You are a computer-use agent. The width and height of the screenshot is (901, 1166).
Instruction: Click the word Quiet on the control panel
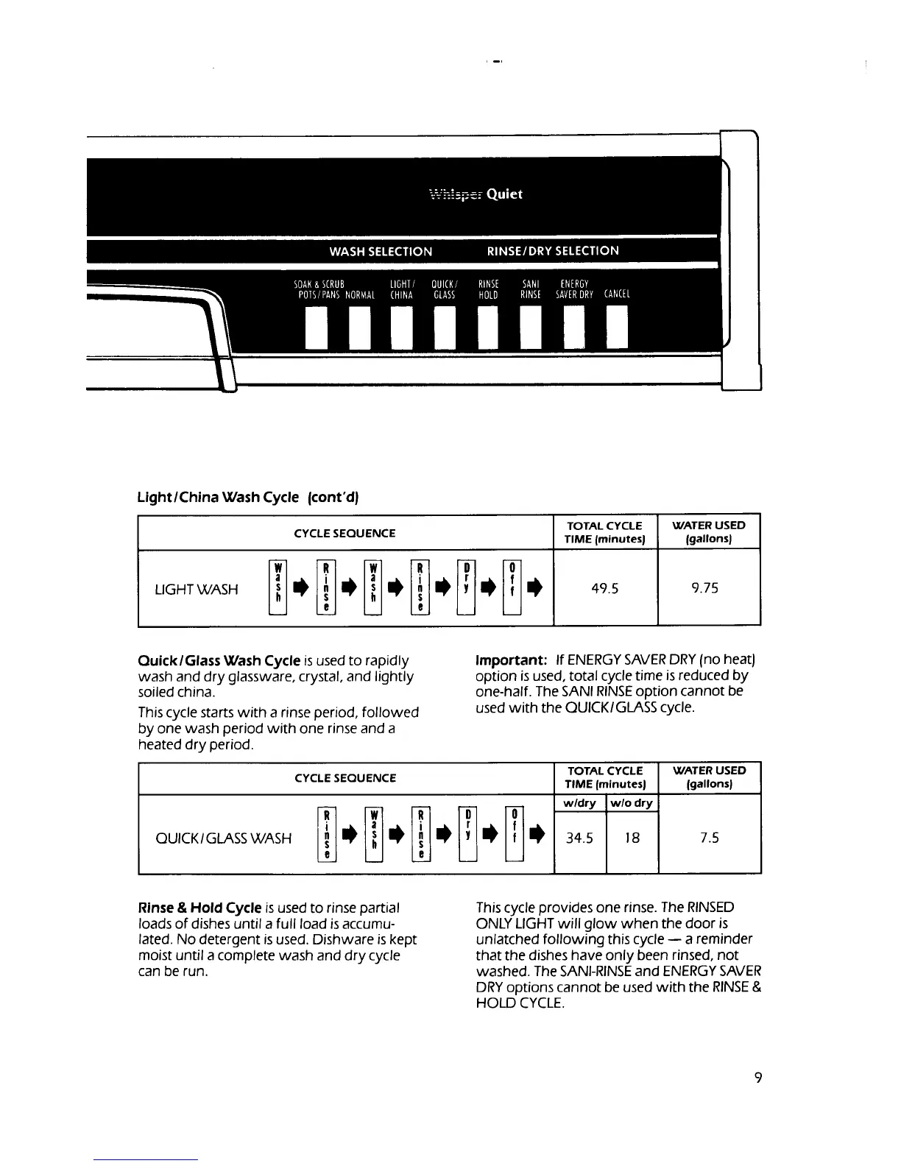pos(504,194)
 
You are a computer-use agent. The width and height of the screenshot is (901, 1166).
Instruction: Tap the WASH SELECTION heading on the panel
pos(381,251)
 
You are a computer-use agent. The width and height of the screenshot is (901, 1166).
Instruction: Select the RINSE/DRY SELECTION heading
pos(553,251)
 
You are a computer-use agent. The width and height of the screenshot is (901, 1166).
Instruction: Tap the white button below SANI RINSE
pos(531,328)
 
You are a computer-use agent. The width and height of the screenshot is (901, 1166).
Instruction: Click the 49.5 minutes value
pos(605,588)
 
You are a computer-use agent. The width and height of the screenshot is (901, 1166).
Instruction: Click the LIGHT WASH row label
pos(197,589)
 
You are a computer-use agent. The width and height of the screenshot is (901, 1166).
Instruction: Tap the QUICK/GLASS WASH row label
pos(224,838)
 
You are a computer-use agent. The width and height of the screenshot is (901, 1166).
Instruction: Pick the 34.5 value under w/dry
pos(579,838)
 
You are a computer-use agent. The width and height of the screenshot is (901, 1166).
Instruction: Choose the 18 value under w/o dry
pos(632,838)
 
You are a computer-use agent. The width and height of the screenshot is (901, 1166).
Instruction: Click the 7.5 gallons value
pos(710,838)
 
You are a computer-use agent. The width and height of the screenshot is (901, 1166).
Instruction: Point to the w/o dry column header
pos(632,803)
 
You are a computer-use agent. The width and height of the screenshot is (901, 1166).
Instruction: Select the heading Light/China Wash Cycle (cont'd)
pos(247,497)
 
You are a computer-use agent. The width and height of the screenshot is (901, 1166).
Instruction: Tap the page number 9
pos(758,1078)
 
